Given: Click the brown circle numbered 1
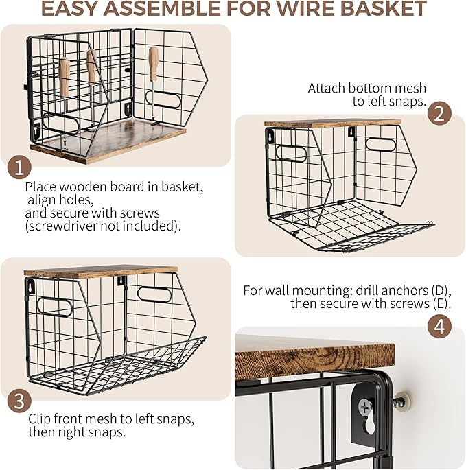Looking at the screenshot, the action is point(19,167).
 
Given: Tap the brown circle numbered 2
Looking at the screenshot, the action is point(439,113).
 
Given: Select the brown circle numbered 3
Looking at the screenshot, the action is point(19,401).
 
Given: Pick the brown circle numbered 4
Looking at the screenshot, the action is point(439,326).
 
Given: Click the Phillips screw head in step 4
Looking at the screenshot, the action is point(365,407).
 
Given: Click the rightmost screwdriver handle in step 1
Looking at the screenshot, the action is point(154,64).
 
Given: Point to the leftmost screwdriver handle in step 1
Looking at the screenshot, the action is point(65,77).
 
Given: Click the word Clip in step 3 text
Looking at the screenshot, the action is point(39,419).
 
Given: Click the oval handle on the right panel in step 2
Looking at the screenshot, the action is point(381,145).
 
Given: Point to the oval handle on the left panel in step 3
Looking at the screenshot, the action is point(55,307).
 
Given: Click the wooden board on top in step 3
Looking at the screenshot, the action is point(101,271).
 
